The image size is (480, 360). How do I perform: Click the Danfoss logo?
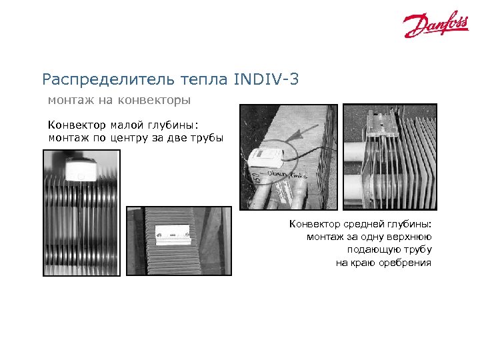pyautogui.click(x=435, y=25)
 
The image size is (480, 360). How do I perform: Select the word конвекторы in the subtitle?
pyautogui.click(x=157, y=101)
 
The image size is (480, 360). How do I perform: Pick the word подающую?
pyautogui.click(x=369, y=250)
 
